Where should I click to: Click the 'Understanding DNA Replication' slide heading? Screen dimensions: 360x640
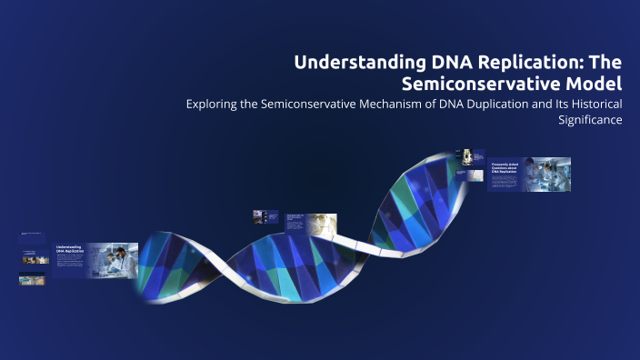(x=70, y=248)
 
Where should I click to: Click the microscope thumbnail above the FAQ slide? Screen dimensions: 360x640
(x=466, y=155)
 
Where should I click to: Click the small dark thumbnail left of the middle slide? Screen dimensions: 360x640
(x=259, y=216)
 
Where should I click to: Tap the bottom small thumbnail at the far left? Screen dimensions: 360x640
(x=32, y=281)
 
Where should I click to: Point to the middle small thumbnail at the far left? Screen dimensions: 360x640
(x=32, y=258)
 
